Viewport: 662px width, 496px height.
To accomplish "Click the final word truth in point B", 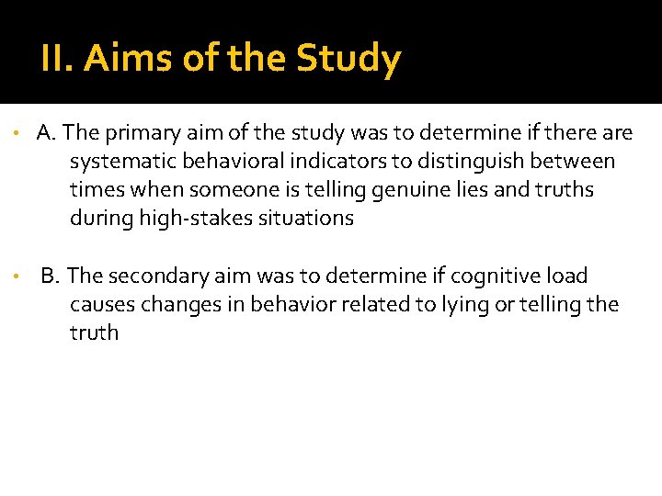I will [94, 333].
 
